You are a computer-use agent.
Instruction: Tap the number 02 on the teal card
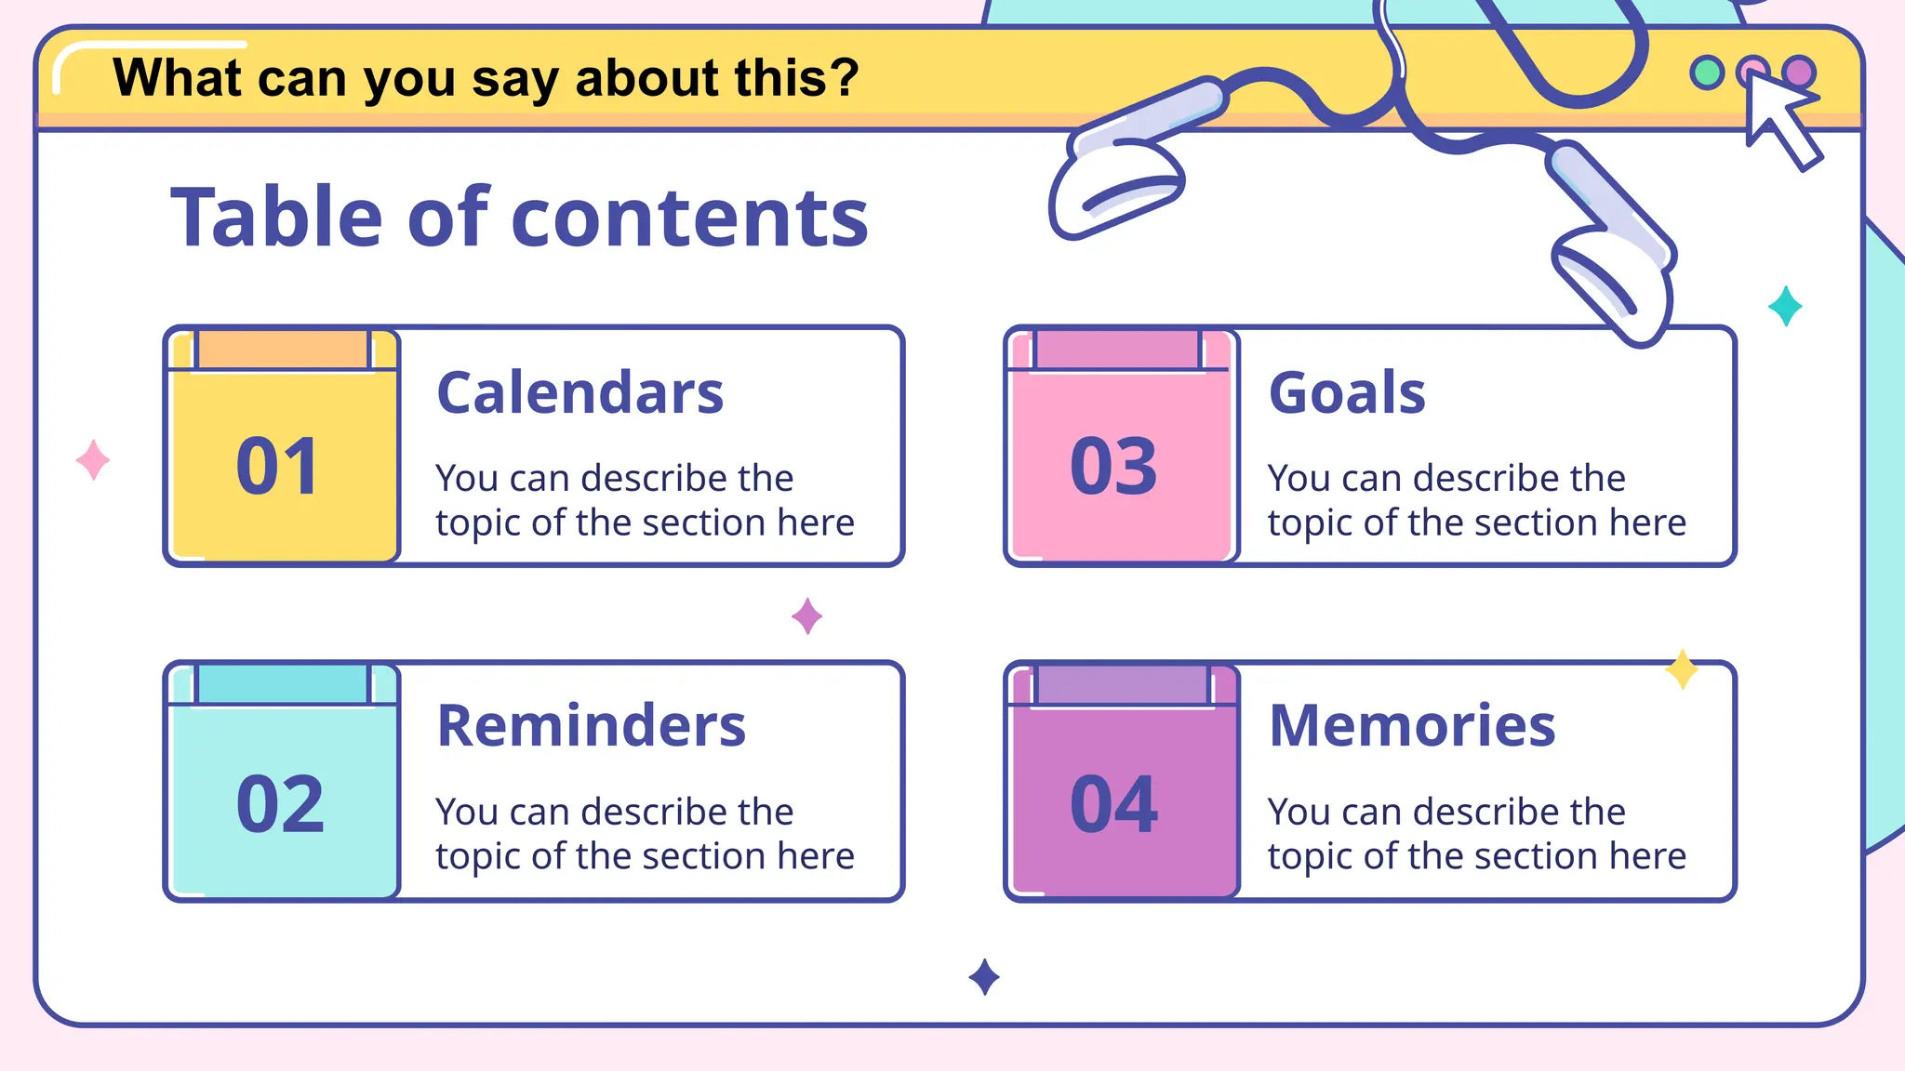[x=280, y=804]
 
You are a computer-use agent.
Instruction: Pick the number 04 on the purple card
[x=1113, y=804]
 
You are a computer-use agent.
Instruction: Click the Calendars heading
[x=579, y=392]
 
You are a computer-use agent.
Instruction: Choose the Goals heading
[x=1347, y=392]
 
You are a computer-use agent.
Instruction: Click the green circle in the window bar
[x=1707, y=73]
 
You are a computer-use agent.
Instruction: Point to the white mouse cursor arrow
[x=1778, y=119]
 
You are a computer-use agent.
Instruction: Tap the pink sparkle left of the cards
[x=93, y=460]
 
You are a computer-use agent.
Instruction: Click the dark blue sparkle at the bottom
[x=984, y=977]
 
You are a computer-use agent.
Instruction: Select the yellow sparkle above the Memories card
[x=1682, y=669]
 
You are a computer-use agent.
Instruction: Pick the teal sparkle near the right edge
[x=1785, y=306]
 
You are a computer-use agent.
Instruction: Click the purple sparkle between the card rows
[x=806, y=615]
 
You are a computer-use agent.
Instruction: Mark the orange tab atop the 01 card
[x=283, y=350]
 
